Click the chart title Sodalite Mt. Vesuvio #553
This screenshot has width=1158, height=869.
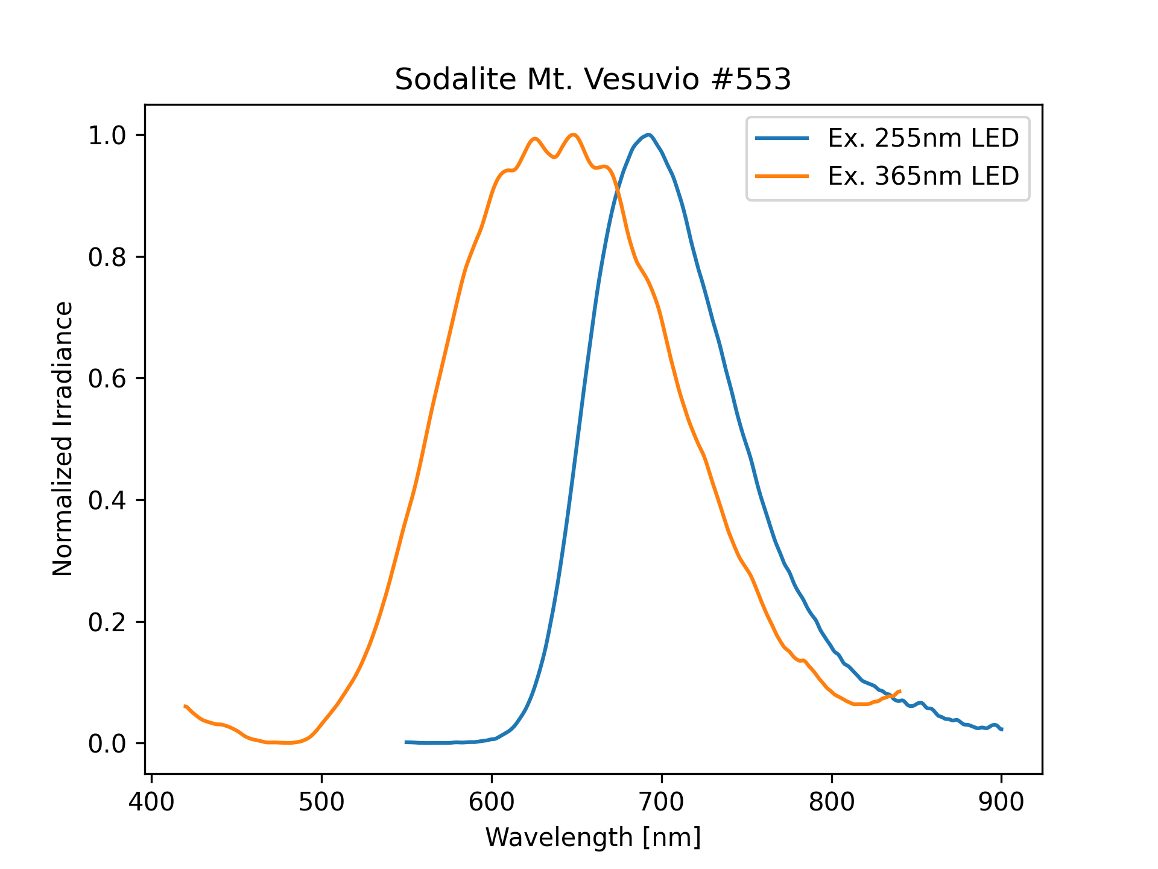click(x=593, y=79)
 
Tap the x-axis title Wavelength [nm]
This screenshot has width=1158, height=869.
click(x=593, y=838)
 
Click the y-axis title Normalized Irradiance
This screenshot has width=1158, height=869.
click(x=63, y=439)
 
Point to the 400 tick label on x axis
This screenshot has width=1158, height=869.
click(x=151, y=802)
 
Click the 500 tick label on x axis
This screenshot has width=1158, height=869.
click(x=321, y=802)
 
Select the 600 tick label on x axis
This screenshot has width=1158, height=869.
click(x=492, y=802)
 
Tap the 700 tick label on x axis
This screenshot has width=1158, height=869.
click(x=662, y=802)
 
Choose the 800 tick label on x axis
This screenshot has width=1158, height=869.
click(x=832, y=802)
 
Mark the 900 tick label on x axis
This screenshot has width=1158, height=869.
click(x=1002, y=802)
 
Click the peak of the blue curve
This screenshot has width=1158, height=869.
click(x=648, y=135)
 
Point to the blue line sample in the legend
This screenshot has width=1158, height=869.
click(x=782, y=138)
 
